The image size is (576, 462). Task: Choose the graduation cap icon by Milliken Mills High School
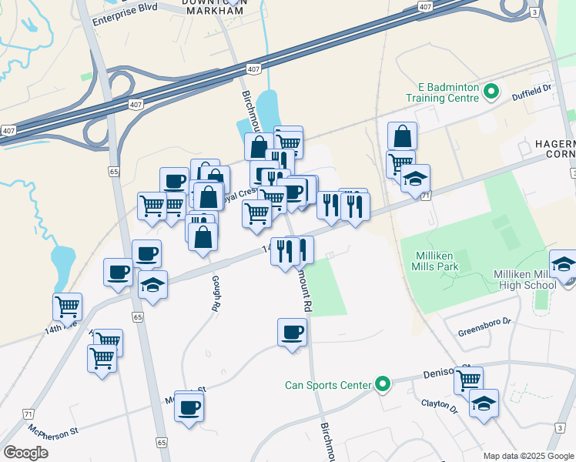point(564,264)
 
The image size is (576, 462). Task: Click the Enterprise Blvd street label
point(125,18)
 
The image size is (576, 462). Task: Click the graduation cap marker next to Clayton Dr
point(484,403)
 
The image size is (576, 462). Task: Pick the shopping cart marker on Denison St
point(468,380)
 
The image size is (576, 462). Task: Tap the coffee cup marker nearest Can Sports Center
point(292,333)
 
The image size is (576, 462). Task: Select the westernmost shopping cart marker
point(68,306)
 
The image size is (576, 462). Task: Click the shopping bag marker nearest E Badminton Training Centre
point(402,136)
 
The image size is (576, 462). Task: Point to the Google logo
point(25,453)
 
